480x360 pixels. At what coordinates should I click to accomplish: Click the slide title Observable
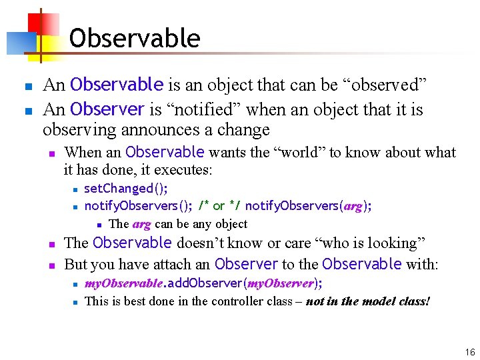click(134, 38)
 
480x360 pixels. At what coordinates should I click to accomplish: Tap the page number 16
click(470, 352)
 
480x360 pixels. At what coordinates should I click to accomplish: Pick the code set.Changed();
click(126, 189)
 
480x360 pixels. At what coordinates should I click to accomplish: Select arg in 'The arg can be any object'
click(141, 224)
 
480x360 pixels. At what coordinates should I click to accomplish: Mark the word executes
click(185, 170)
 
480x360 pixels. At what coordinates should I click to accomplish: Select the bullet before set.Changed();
click(76, 189)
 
